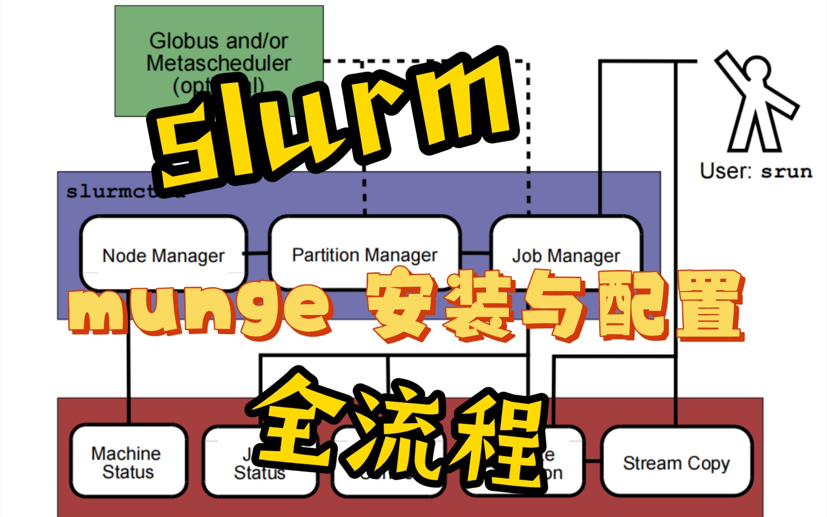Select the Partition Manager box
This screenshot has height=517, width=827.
click(365, 249)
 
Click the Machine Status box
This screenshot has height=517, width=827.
click(128, 462)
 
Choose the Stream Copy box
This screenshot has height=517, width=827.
click(676, 462)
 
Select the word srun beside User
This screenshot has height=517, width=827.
click(786, 172)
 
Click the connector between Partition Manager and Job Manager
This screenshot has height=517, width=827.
click(475, 252)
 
